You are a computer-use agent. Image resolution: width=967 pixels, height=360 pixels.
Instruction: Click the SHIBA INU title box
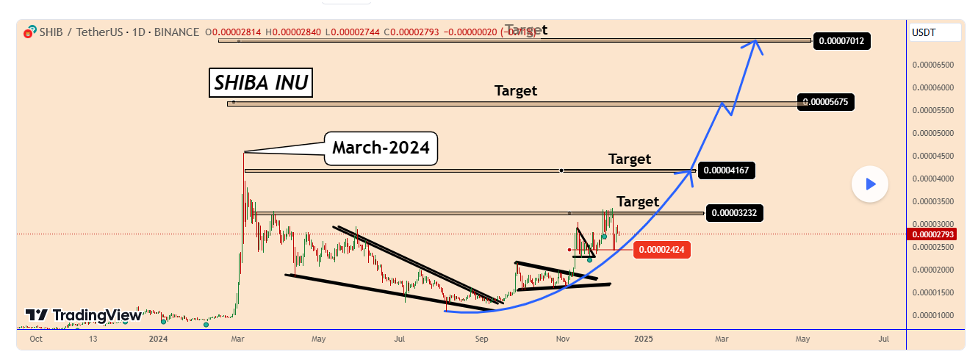(x=261, y=83)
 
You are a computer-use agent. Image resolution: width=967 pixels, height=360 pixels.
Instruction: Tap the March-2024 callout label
(x=381, y=148)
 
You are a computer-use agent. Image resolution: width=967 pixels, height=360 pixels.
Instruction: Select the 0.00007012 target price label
(x=841, y=40)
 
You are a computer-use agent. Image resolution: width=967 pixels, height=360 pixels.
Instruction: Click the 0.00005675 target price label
(x=827, y=102)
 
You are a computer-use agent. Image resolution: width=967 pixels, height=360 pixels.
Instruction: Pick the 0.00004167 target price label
(x=726, y=171)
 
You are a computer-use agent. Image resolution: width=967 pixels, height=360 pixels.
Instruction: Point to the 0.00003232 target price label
(x=735, y=214)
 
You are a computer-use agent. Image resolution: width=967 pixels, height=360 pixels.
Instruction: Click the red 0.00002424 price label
(x=662, y=250)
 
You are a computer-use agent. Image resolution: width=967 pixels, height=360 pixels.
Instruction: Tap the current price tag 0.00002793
(x=933, y=234)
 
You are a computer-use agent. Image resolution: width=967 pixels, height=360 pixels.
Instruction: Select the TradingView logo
(x=84, y=315)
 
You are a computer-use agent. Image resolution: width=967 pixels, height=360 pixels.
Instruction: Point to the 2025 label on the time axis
(x=644, y=339)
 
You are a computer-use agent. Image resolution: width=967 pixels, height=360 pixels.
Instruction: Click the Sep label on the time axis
(x=481, y=339)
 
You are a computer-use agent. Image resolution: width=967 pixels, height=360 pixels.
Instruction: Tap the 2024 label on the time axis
(x=158, y=339)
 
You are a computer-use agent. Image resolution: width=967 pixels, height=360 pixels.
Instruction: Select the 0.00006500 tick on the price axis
(x=932, y=65)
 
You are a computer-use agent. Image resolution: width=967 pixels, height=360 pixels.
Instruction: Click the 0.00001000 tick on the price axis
(x=932, y=315)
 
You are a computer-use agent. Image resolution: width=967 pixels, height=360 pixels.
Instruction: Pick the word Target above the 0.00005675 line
(x=515, y=91)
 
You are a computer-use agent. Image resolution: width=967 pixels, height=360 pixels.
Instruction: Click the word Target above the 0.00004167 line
(x=630, y=159)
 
